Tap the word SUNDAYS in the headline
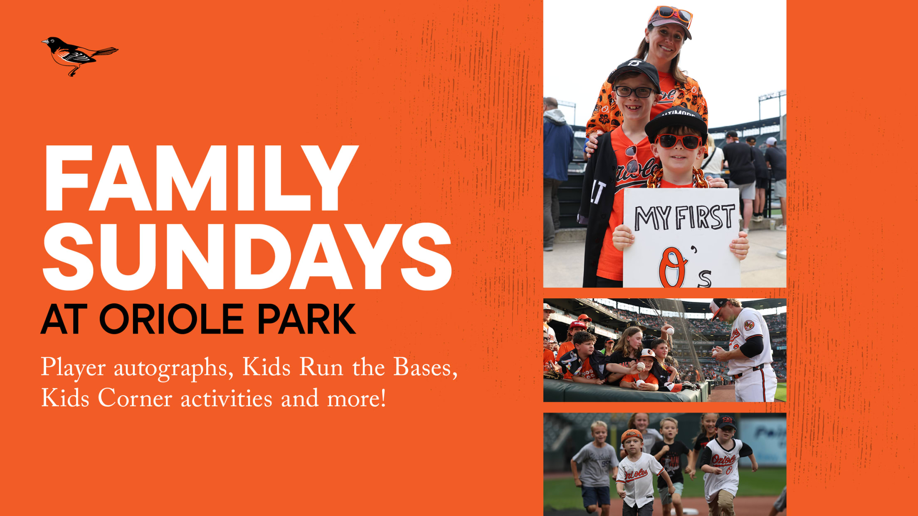[247, 257]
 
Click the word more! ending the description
[357, 398]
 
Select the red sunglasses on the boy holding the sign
[678, 142]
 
